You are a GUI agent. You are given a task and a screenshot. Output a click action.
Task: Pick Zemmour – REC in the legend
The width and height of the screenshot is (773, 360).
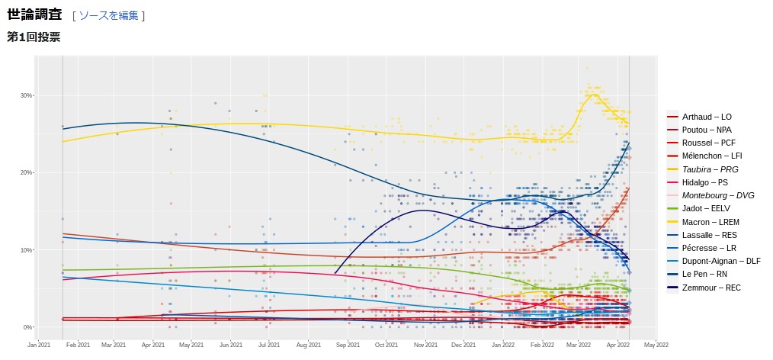click(711, 288)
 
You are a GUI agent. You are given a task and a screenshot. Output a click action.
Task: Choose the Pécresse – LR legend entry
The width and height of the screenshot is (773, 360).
click(709, 248)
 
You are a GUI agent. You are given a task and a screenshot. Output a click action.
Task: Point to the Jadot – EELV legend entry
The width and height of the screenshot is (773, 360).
click(706, 208)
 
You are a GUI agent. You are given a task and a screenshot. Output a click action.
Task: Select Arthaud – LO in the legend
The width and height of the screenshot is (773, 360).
click(707, 117)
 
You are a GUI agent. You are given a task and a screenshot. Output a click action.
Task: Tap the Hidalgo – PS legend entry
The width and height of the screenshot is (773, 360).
click(704, 182)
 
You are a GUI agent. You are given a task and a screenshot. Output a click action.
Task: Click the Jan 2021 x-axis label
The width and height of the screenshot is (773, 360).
click(39, 345)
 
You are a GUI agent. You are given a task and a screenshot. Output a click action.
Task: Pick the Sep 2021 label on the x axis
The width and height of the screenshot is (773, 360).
click(348, 345)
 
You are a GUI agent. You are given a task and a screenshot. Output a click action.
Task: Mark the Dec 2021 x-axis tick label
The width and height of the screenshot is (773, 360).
click(463, 345)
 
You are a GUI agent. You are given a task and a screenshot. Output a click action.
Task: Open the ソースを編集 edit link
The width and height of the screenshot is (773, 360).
click(108, 15)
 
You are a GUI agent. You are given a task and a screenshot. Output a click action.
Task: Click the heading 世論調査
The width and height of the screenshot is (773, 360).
click(34, 14)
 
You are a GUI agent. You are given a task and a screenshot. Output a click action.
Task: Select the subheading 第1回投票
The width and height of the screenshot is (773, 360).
click(34, 37)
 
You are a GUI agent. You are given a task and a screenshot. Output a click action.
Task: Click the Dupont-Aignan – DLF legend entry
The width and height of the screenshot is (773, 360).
click(721, 261)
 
